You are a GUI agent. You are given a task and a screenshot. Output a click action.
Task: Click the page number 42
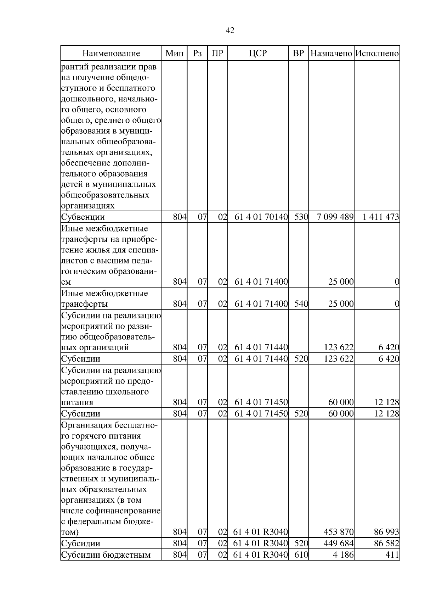[230, 30]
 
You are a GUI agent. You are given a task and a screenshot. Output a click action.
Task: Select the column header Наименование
[111, 54]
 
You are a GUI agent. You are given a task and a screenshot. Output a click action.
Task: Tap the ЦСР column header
[258, 54]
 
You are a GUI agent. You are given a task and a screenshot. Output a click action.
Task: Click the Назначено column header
[331, 54]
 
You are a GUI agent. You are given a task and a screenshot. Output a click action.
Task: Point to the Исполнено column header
[377, 54]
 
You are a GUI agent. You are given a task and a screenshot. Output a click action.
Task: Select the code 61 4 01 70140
[261, 217]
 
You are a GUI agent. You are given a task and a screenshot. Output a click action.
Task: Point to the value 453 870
[338, 532]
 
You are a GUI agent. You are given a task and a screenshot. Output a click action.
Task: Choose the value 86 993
[386, 532]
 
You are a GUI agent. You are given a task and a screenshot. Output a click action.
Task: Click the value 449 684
[338, 544]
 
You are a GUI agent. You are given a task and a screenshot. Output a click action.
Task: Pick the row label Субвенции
[83, 217]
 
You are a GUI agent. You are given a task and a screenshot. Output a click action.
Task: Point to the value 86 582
[386, 544]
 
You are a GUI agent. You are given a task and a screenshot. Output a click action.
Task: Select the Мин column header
[175, 54]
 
